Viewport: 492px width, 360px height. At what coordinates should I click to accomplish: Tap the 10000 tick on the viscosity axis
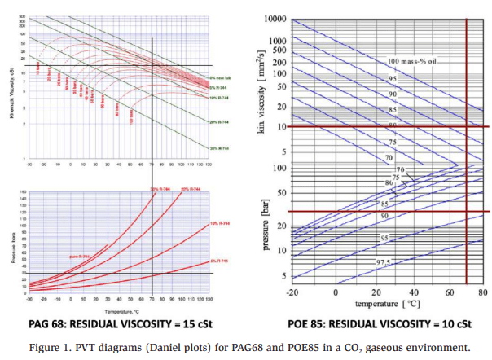click(273, 19)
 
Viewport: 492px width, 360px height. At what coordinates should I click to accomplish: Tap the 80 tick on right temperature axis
click(482, 292)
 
